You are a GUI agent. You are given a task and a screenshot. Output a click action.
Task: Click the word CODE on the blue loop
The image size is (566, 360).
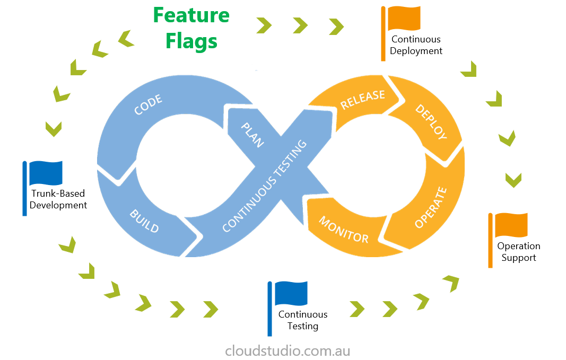pyautogui.click(x=148, y=104)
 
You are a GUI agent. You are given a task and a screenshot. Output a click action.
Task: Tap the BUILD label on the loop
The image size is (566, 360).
pyautogui.click(x=144, y=221)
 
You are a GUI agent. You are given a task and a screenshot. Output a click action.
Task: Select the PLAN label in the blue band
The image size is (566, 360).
pyautogui.click(x=252, y=135)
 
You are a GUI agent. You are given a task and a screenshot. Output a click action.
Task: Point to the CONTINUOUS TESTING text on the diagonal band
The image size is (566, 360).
pyautogui.click(x=264, y=186)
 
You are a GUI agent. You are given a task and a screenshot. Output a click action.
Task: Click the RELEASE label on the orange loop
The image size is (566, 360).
pyautogui.click(x=362, y=99)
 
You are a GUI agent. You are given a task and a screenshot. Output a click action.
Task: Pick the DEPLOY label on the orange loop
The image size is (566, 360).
pyautogui.click(x=431, y=122)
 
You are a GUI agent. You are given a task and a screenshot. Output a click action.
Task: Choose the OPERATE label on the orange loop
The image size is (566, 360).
pyautogui.click(x=431, y=207)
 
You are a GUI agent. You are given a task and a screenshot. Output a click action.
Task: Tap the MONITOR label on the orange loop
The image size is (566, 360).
pyautogui.click(x=343, y=230)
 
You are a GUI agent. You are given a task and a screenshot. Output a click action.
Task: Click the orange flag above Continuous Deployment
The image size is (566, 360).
pyautogui.click(x=404, y=19)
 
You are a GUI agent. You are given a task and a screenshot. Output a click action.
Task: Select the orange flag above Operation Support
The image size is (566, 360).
pyautogui.click(x=511, y=225)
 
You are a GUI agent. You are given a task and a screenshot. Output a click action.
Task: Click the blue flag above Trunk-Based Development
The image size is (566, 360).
pyautogui.click(x=46, y=173)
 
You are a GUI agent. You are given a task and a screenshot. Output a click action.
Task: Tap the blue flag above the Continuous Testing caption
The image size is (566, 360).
pyautogui.click(x=291, y=293)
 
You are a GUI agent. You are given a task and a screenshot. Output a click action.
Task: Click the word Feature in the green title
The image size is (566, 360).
pyautogui.click(x=191, y=15)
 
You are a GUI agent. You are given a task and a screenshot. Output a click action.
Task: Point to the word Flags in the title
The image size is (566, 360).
pyautogui.click(x=191, y=41)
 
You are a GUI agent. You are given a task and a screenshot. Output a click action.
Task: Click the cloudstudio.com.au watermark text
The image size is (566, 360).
pyautogui.click(x=288, y=350)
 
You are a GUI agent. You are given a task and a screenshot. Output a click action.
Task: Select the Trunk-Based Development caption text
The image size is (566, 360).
pyautogui.click(x=58, y=199)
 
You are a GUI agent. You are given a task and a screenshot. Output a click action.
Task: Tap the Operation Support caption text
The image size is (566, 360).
pyautogui.click(x=518, y=252)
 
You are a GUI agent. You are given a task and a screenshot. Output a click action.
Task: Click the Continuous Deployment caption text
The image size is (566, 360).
pyautogui.click(x=416, y=45)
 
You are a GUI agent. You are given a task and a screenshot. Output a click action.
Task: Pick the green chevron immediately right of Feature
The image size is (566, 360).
pyautogui.click(x=264, y=25)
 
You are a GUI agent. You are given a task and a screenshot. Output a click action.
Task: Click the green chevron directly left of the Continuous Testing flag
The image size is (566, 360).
pyautogui.click(x=211, y=309)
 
